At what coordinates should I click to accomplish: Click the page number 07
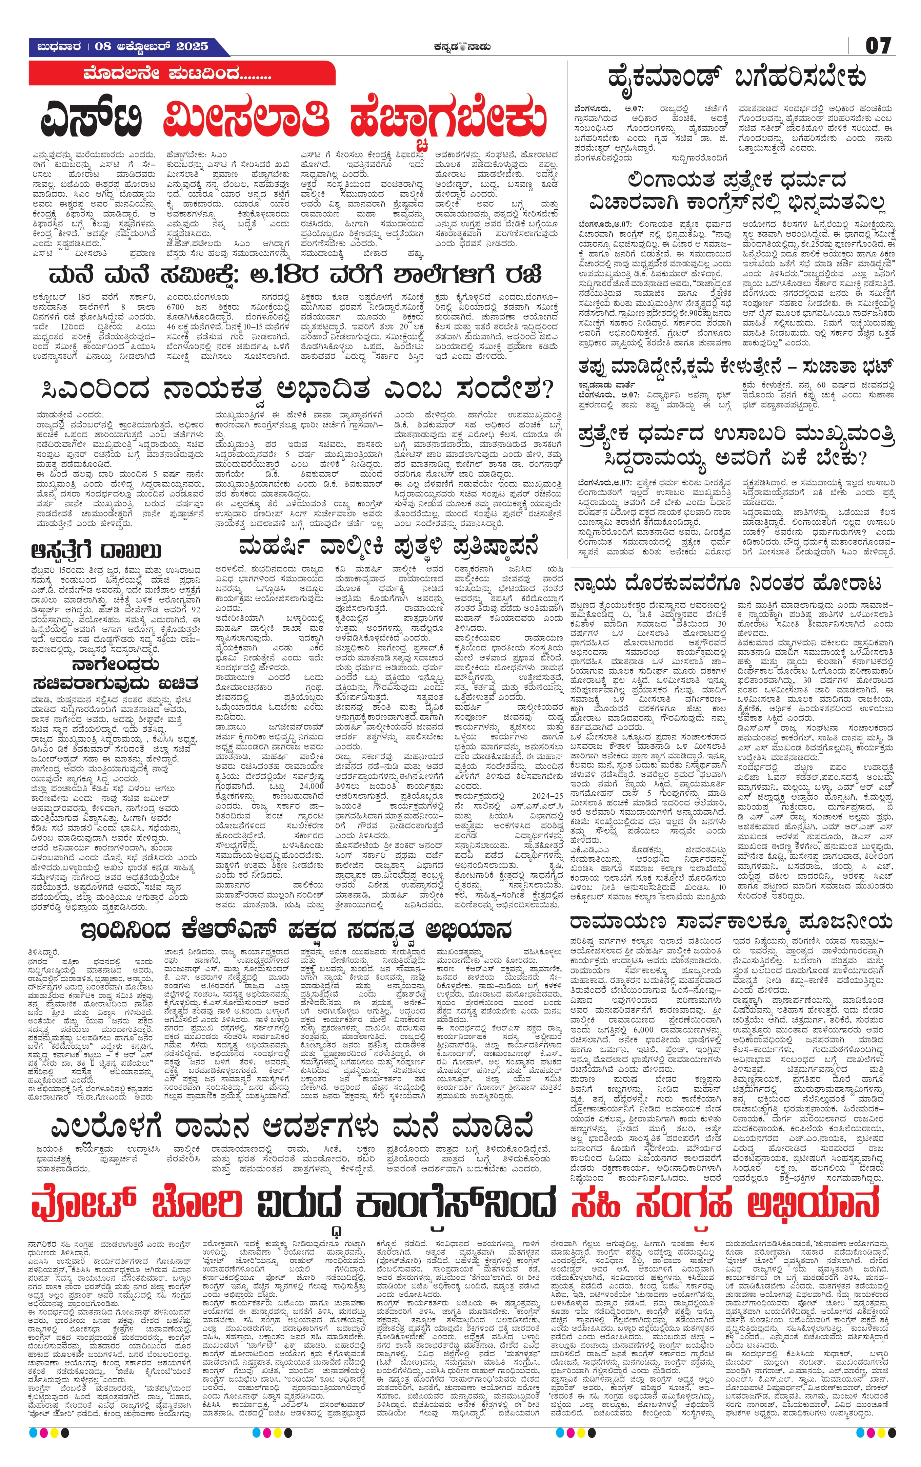(x=878, y=46)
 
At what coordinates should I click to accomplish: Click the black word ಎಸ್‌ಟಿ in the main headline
(x=92, y=119)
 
